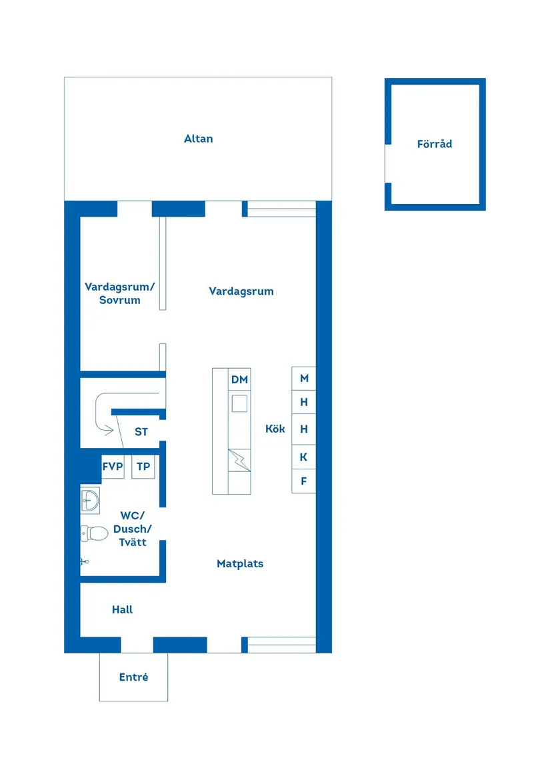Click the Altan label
199,139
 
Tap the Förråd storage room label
435,143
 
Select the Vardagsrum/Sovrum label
120,293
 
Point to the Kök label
275,429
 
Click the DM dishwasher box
239,379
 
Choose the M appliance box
304,378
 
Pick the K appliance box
304,457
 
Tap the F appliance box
304,481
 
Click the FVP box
113,467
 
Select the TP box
143,467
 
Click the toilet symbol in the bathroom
95,533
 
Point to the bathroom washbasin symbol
89,499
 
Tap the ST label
141,432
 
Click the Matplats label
240,563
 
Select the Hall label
122,609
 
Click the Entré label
133,677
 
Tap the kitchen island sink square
239,403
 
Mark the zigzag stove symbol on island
239,459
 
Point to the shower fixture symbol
84,561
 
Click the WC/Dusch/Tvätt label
133,529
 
